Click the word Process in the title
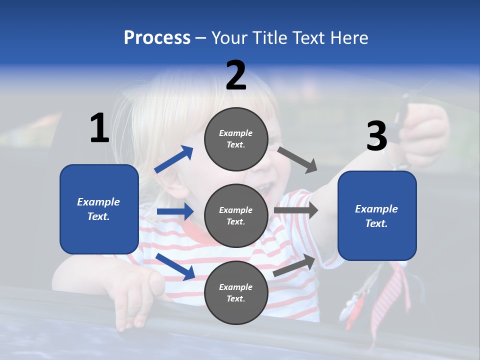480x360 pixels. [157, 38]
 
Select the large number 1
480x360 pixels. [99, 128]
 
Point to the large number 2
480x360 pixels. [236, 76]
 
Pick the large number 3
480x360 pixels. [377, 136]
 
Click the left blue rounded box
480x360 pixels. [99, 209]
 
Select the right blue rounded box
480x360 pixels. [377, 215]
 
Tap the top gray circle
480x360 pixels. [236, 139]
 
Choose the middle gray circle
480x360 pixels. [236, 215]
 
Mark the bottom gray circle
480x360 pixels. [236, 292]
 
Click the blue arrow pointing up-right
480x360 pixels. [174, 159]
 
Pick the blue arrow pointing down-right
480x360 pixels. [175, 266]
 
